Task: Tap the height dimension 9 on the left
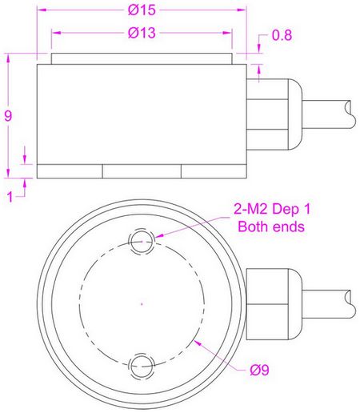pyautogui.click(x=8, y=116)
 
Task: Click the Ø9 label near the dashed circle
pyautogui.click(x=258, y=370)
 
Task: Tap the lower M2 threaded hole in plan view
pyautogui.click(x=142, y=367)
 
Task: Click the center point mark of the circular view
pyautogui.click(x=142, y=303)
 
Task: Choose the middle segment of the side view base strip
pyautogui.click(x=142, y=171)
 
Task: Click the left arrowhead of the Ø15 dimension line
pyautogui.click(x=41, y=12)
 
